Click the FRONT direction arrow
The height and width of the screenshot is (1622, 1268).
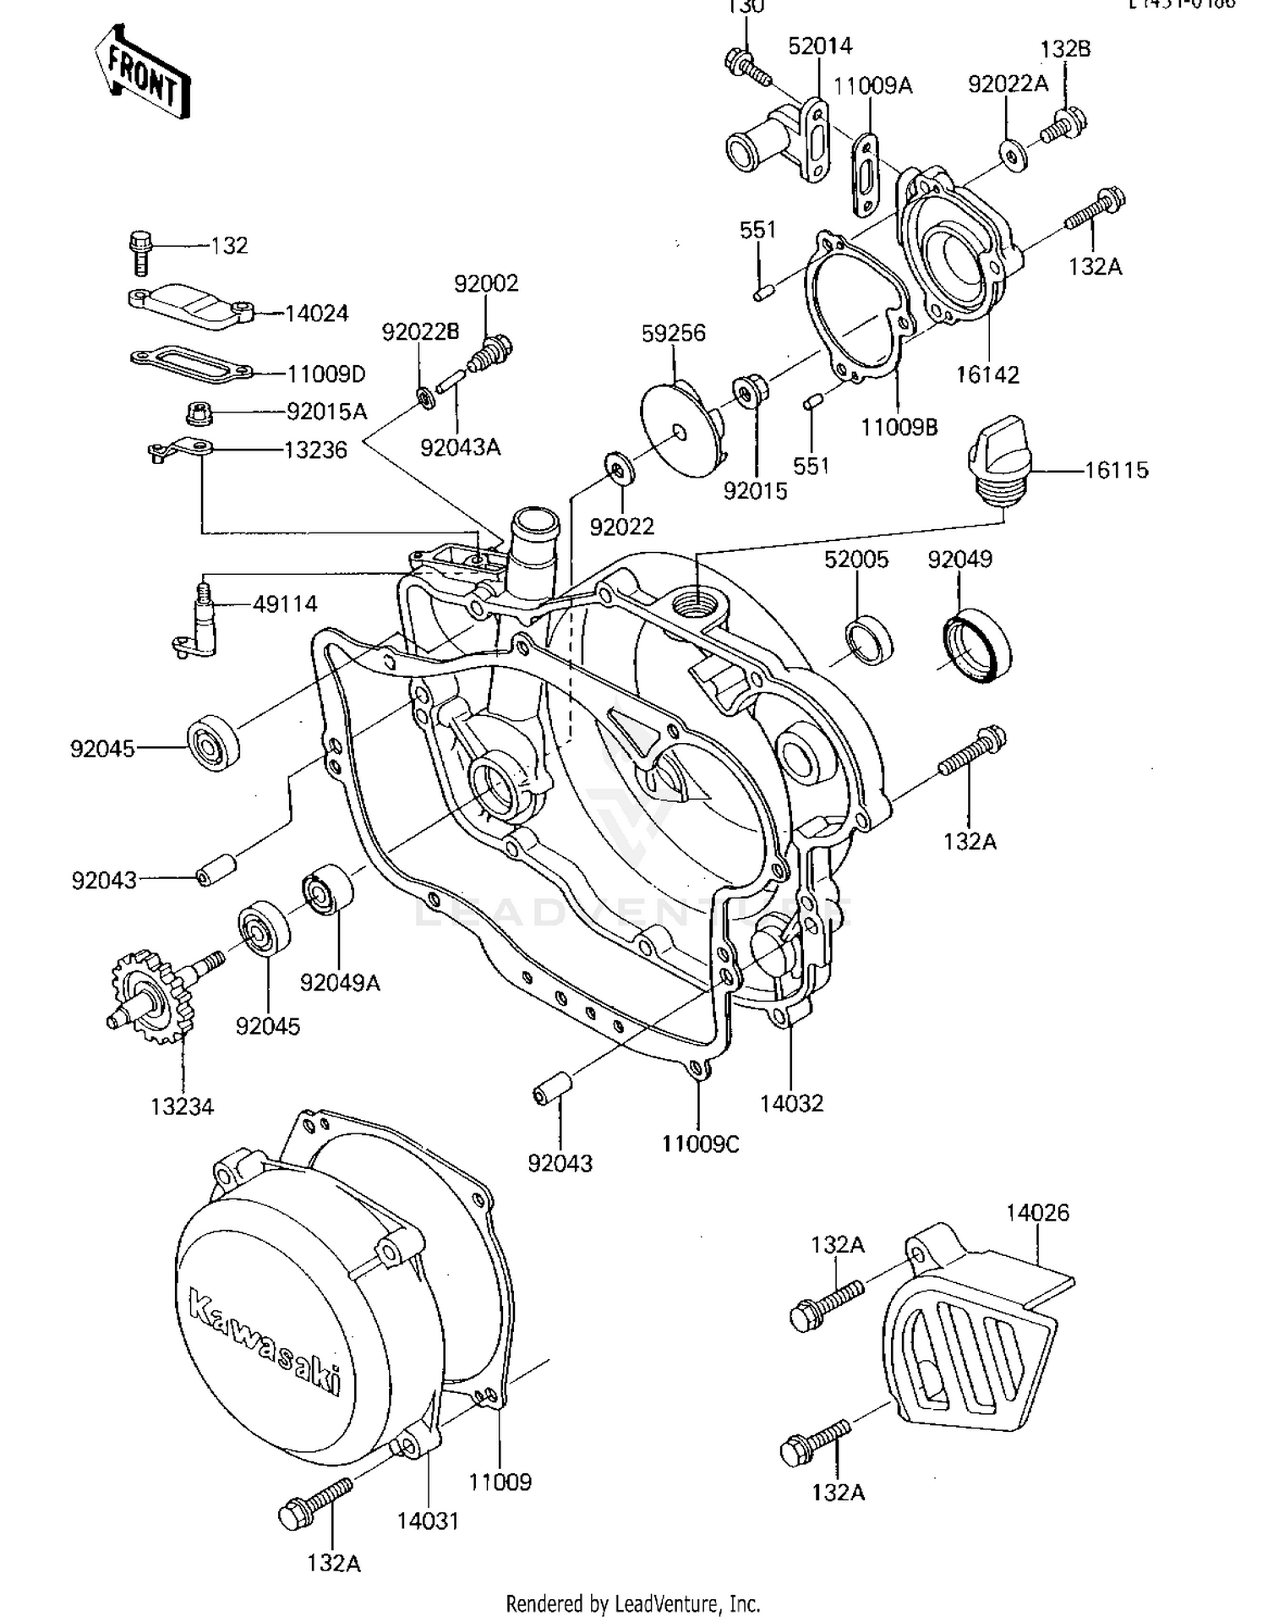pos(142,72)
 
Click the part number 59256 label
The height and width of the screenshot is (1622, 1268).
pos(673,333)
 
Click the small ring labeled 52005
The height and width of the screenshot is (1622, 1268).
pos(868,641)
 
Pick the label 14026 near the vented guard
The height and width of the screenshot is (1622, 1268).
pos(1037,1212)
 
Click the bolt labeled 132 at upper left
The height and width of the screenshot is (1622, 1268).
pos(140,251)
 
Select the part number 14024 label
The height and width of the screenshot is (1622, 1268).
pos(316,314)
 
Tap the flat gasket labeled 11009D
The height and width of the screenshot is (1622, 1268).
pos(190,362)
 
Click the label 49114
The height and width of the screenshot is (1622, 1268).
pos(285,603)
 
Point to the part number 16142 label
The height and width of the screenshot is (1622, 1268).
pos(987,374)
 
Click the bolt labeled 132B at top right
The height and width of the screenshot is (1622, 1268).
pos(1063,125)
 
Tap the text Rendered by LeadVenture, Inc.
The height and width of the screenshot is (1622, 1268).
pos(632,1603)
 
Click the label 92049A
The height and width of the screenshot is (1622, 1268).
pos(340,982)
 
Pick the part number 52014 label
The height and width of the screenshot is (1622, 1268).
pos(819,46)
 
